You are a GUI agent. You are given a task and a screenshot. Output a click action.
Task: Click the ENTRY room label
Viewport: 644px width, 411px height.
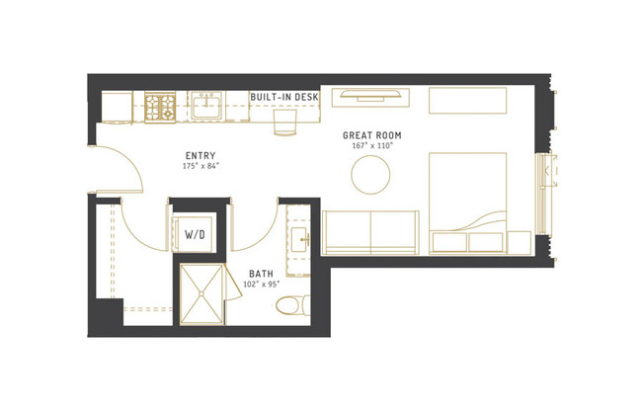[200, 155]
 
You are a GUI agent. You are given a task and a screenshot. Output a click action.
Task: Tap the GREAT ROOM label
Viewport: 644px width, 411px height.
[371, 134]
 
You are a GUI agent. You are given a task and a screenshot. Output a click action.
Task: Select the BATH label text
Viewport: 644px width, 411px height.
[261, 274]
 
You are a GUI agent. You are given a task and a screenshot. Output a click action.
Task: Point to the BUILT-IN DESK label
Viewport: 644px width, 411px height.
[284, 96]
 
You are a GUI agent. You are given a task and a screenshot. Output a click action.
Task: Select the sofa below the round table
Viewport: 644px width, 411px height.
[371, 232]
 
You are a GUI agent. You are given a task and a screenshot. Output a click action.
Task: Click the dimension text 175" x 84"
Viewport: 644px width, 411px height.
[200, 166]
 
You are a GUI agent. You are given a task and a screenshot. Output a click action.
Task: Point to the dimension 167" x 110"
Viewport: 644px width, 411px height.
[371, 145]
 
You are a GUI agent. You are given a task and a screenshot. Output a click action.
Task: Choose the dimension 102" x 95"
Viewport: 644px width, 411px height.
[261, 285]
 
